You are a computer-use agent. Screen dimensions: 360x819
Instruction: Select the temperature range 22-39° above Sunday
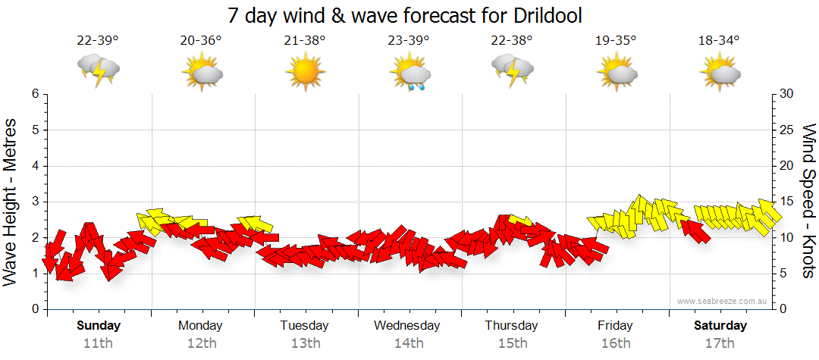[x=98, y=40]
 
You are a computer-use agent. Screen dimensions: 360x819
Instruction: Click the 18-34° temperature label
[x=719, y=40]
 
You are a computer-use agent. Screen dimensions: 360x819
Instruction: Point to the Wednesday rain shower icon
[x=409, y=73]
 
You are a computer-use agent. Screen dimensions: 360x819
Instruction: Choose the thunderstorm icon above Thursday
[x=512, y=70]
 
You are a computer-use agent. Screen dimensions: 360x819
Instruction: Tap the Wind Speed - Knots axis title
[x=808, y=201]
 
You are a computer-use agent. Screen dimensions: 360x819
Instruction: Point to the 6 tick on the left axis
[x=34, y=94]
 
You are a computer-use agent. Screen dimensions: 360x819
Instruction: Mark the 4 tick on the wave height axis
[x=34, y=166]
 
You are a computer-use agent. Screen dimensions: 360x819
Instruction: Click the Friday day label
[x=615, y=326]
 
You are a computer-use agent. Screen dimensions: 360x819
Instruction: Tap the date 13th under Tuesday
[x=305, y=343]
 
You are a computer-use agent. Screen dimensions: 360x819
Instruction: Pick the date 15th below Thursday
[x=512, y=343]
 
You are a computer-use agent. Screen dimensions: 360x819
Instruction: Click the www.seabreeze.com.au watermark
[x=723, y=301]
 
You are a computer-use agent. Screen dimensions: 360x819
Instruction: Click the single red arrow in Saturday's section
[x=695, y=230]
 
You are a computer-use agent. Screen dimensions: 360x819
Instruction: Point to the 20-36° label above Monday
[x=201, y=40]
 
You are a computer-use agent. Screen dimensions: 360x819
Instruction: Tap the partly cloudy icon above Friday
[x=616, y=73]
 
